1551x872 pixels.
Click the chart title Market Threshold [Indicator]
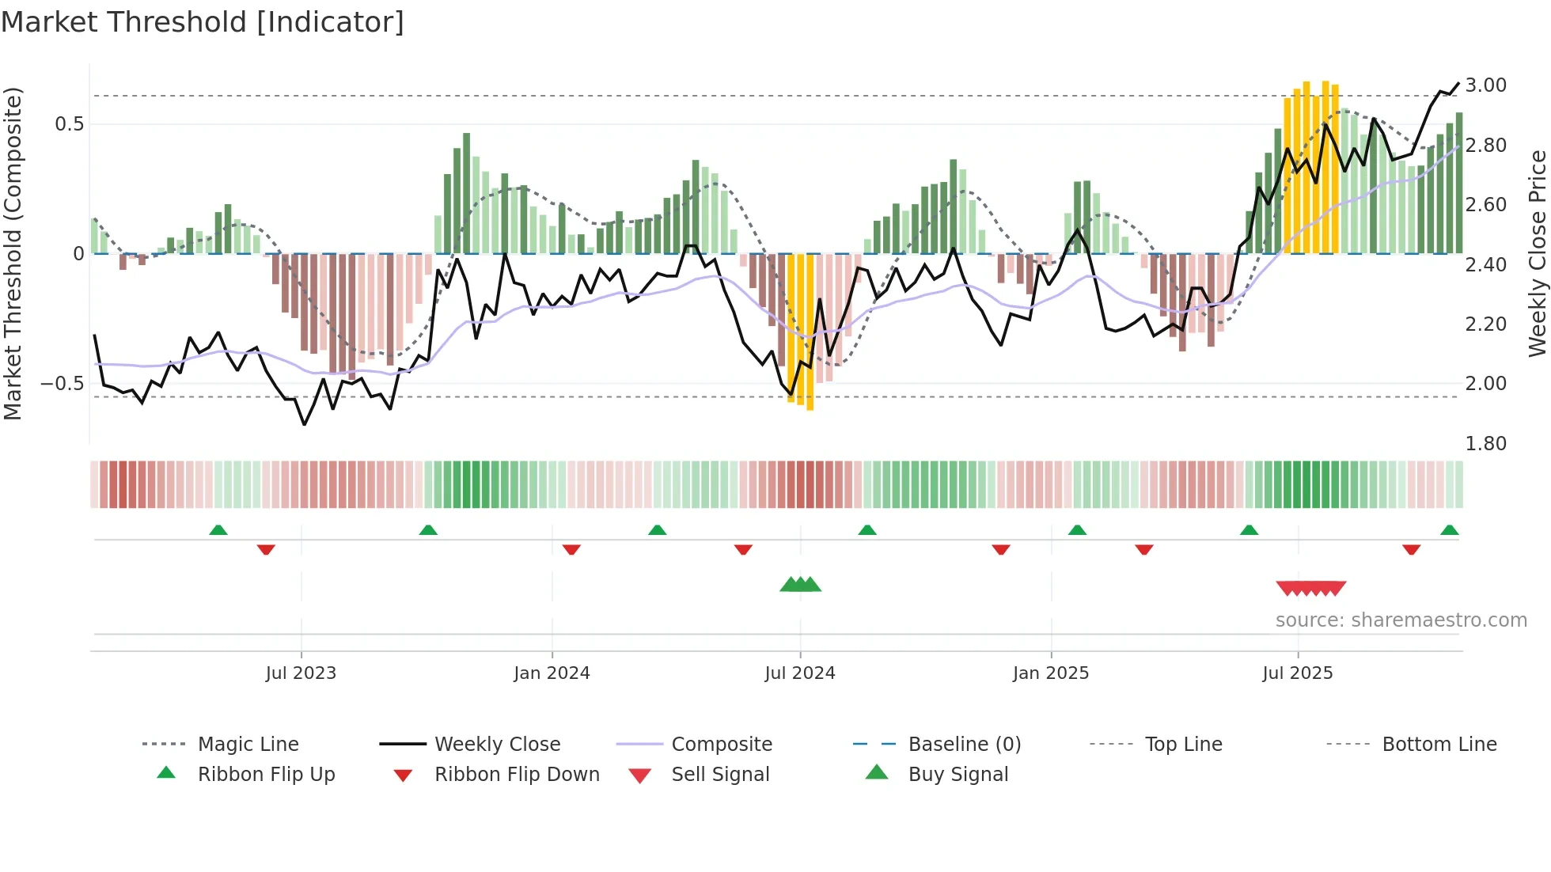click(x=203, y=22)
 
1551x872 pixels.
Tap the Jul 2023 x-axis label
click(x=301, y=673)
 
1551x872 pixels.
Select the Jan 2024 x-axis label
click(x=552, y=673)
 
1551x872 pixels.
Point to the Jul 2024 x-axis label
click(x=800, y=673)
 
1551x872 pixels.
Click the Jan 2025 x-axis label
click(x=1051, y=673)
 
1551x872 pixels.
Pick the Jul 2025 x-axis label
click(x=1298, y=673)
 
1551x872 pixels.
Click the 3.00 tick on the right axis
click(x=1485, y=85)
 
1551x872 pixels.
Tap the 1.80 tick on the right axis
click(x=1485, y=444)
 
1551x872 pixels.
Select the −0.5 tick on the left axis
click(x=62, y=384)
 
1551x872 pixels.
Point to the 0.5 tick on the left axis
click(x=69, y=124)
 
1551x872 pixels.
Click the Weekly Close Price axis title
click(x=1537, y=253)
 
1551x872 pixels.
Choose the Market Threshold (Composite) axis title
click(x=13, y=253)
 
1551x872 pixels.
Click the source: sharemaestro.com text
click(x=1401, y=620)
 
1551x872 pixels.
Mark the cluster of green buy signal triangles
click(x=800, y=585)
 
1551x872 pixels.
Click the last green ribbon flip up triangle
click(x=1449, y=531)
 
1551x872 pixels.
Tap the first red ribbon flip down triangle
click(x=266, y=549)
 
